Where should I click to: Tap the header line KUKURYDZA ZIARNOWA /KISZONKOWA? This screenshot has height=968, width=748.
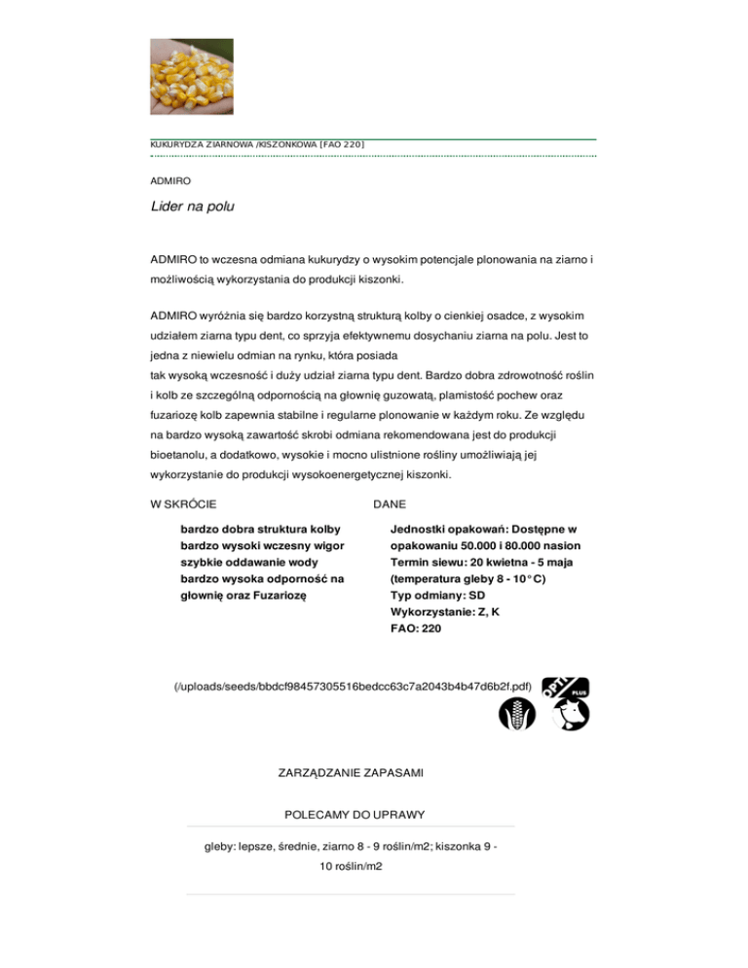(x=257, y=145)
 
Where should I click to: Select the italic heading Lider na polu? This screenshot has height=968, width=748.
(x=193, y=206)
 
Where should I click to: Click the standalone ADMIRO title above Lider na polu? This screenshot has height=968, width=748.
(x=170, y=181)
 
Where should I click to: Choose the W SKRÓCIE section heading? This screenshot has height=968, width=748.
(x=184, y=504)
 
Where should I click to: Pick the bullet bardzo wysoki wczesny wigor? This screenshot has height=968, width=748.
(x=259, y=546)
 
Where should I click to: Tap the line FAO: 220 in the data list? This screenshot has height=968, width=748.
(x=415, y=629)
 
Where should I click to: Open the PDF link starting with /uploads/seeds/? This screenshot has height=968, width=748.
(x=352, y=687)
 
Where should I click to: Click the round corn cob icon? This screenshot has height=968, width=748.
(x=514, y=713)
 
